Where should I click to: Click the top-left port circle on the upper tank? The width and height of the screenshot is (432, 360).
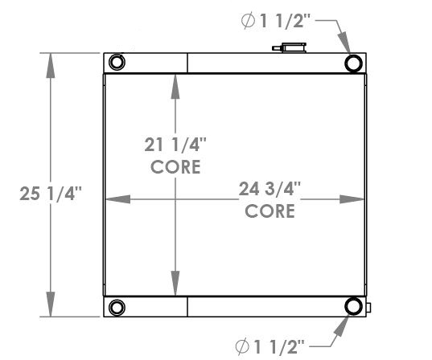(x=116, y=63)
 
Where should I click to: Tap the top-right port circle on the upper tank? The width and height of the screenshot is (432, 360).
(x=353, y=63)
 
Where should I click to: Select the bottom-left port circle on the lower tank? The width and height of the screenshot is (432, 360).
(x=116, y=307)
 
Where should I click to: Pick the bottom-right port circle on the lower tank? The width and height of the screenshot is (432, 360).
(x=353, y=307)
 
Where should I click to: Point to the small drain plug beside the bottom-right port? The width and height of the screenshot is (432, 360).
(x=368, y=307)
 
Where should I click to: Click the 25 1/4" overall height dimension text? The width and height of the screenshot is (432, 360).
(x=50, y=194)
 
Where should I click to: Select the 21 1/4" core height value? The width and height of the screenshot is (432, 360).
(x=175, y=145)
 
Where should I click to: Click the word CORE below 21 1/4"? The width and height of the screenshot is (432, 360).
(x=175, y=166)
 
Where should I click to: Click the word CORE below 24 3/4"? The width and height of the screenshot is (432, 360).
(x=269, y=211)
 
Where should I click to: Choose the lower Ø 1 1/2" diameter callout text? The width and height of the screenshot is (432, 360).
(x=271, y=346)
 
